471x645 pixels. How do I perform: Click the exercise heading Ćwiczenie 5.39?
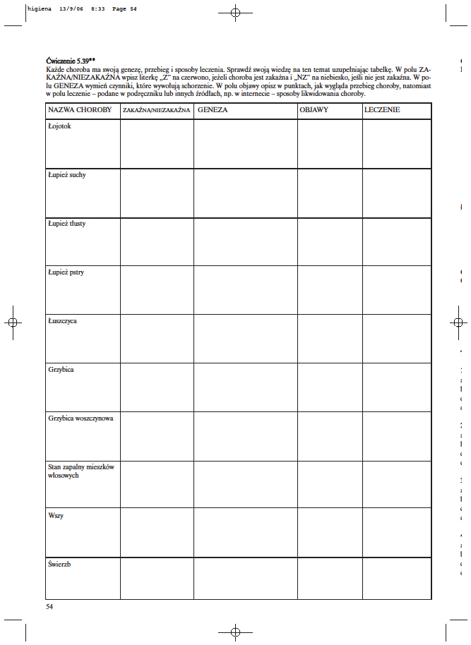(x=69, y=61)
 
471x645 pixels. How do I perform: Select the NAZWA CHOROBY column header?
(x=80, y=111)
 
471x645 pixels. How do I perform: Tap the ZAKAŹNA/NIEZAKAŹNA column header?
(x=157, y=111)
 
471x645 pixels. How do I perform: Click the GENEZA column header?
(x=212, y=111)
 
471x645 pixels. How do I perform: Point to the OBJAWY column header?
(x=314, y=111)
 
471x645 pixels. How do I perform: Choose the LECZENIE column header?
(x=383, y=111)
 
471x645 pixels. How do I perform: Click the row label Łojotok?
(x=59, y=126)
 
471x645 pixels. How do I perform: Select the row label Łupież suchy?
(x=67, y=175)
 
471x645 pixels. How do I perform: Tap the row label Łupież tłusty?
(x=66, y=224)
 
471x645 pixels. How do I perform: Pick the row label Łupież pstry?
(x=66, y=272)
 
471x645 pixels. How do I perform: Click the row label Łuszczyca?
(x=63, y=321)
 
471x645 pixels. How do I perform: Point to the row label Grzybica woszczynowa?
(x=81, y=418)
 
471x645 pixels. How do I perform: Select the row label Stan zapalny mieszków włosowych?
(x=81, y=471)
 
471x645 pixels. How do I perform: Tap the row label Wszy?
(x=56, y=516)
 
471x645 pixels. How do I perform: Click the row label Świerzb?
(x=59, y=565)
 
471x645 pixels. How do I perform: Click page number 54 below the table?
(x=49, y=606)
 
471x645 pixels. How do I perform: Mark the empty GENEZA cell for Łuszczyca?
(x=246, y=339)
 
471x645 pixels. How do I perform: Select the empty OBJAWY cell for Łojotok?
(x=330, y=144)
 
